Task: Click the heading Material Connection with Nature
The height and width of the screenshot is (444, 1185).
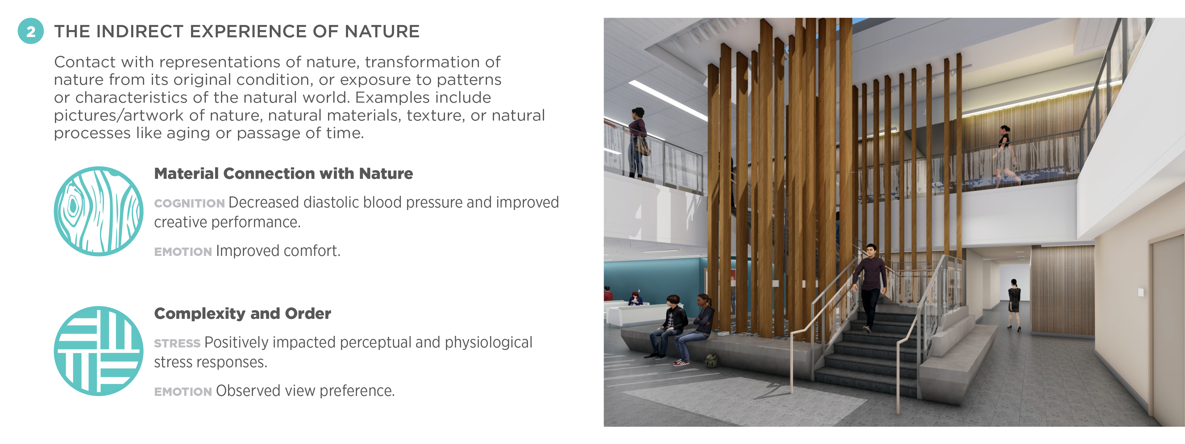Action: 283,174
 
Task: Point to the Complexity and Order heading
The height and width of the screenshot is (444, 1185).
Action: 243,314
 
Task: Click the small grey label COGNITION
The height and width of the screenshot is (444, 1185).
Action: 189,203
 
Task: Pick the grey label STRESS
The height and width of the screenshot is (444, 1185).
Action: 177,344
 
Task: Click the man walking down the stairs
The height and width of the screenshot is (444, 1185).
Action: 869,285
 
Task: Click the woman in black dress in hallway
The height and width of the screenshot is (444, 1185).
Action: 1014,303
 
